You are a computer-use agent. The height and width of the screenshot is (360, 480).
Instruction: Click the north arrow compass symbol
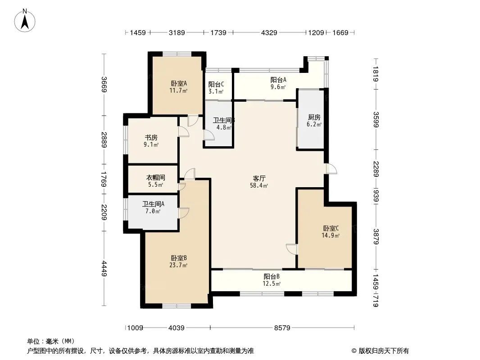[25, 21]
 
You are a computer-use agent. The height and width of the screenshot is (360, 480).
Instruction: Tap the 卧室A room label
[179, 83]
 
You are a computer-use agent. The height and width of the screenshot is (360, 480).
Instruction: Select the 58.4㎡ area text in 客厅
[259, 185]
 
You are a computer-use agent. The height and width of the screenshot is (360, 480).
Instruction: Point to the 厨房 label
[314, 117]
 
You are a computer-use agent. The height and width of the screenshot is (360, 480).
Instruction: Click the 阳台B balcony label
[272, 276]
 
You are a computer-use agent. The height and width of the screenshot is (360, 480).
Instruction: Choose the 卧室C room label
[331, 228]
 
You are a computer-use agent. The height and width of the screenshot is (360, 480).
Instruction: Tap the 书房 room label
[151, 138]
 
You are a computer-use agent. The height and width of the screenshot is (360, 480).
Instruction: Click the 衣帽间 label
[155, 177]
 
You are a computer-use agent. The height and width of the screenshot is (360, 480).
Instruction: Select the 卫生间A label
[153, 204]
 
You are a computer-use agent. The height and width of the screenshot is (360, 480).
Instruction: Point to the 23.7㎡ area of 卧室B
[178, 265]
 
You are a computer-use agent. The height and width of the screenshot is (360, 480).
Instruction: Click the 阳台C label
[216, 84]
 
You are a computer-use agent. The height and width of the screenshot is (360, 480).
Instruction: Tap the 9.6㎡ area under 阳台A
[278, 87]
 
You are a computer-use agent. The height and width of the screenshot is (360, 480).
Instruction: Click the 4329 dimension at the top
[269, 32]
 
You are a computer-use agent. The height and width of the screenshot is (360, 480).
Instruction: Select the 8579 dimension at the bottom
[282, 328]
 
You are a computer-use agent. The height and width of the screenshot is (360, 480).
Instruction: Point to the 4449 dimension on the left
[104, 268]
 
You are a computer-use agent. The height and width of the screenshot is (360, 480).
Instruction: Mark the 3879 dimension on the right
[376, 236]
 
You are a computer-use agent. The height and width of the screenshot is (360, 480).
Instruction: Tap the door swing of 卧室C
[291, 249]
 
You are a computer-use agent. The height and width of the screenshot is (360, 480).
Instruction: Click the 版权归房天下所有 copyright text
[384, 351]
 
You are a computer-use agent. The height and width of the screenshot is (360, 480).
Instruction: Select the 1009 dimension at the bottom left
[135, 328]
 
